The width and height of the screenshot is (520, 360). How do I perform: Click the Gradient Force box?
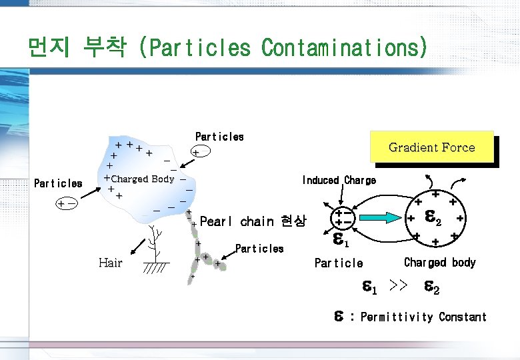tap(431, 147)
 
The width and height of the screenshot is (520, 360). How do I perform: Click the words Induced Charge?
tap(339, 180)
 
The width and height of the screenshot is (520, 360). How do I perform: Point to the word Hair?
tap(110, 262)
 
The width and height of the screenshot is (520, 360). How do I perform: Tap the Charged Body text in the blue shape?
tap(142, 179)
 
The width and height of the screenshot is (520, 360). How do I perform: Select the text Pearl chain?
tap(237, 221)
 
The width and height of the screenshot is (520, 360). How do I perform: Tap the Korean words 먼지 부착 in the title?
tap(77, 48)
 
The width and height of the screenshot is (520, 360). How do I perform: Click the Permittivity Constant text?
tap(423, 317)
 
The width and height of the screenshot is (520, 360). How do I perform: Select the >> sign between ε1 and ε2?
tap(398, 287)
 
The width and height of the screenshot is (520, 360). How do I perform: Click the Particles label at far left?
tap(58, 183)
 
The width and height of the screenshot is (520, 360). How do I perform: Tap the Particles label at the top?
tap(219, 137)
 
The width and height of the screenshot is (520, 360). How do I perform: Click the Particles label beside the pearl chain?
tap(259, 249)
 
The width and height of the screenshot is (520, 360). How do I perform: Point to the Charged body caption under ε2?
tap(439, 262)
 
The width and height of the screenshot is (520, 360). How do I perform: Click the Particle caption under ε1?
tap(339, 263)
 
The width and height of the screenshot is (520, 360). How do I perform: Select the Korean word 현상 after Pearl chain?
tap(294, 221)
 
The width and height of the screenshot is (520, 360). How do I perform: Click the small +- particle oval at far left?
tap(67, 203)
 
